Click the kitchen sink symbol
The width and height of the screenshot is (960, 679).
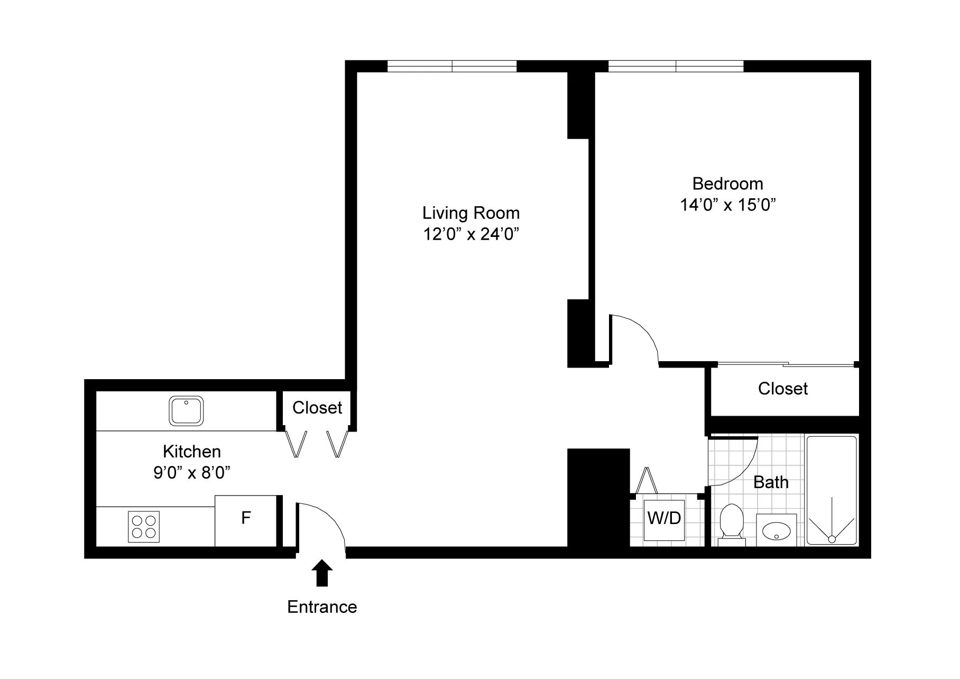tap(186, 410)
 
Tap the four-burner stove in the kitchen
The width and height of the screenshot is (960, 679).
tap(144, 526)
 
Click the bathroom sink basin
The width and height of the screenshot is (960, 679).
tap(776, 530)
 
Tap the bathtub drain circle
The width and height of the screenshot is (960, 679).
tap(832, 539)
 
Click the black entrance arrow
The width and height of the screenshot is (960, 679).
tap(322, 574)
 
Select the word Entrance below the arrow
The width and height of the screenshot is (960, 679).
tap(322, 607)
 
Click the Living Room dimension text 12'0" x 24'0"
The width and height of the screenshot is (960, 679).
tap(470, 234)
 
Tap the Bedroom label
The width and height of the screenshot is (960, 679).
tap(727, 184)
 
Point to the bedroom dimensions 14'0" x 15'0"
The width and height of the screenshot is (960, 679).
tap(727, 205)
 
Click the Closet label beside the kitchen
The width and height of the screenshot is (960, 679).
tap(317, 408)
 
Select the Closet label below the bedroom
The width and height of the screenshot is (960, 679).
tap(782, 389)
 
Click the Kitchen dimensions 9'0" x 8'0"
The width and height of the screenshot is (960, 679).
tap(192, 472)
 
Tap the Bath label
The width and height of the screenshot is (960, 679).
tap(771, 482)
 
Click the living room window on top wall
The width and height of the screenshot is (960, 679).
tap(452, 66)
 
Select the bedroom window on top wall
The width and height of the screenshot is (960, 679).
tap(676, 66)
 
